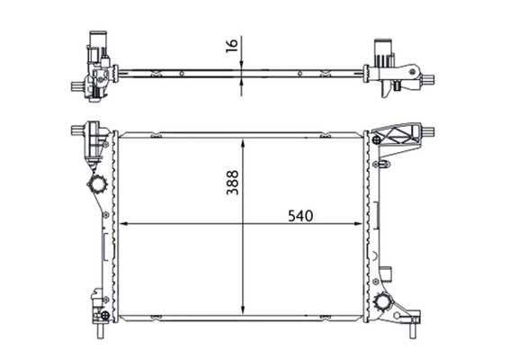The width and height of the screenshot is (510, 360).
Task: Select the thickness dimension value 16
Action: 232,45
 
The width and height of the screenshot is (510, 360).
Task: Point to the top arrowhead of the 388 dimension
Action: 242,142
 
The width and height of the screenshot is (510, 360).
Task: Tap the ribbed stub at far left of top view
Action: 75,87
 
